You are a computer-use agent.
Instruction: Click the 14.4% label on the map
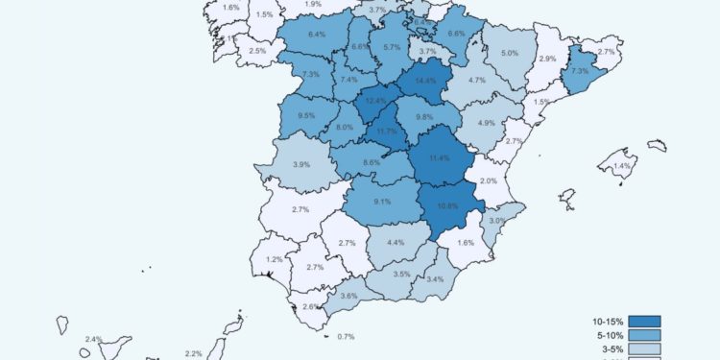[x=424, y=80]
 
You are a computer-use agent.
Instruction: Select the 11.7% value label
[x=387, y=131]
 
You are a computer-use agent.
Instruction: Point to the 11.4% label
[x=439, y=157]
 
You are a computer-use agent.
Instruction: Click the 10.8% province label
[x=447, y=205]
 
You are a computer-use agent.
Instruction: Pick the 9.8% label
[x=424, y=117]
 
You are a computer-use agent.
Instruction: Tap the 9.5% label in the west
[x=306, y=115]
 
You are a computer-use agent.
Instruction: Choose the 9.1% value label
[x=382, y=202]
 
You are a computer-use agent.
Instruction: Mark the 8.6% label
[x=372, y=163]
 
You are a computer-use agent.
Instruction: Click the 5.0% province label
[x=510, y=53]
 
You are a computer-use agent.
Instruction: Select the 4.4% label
[x=395, y=242]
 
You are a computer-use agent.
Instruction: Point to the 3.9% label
[x=300, y=164]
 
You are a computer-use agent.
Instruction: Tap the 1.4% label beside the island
[x=622, y=166]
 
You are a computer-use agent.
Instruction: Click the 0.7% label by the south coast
[x=347, y=336]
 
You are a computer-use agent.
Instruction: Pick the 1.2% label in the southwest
[x=275, y=259]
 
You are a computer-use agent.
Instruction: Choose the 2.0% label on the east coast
[x=489, y=181]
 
